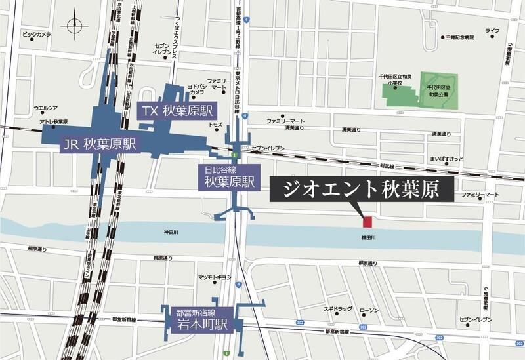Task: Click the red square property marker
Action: [367, 222]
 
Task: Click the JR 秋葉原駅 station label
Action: [100, 144]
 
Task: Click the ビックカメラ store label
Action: [37, 33]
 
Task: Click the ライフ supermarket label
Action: [493, 31]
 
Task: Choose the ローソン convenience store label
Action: [369, 310]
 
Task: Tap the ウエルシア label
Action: [46, 108]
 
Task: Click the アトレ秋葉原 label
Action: [54, 121]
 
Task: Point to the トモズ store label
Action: [215, 124]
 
